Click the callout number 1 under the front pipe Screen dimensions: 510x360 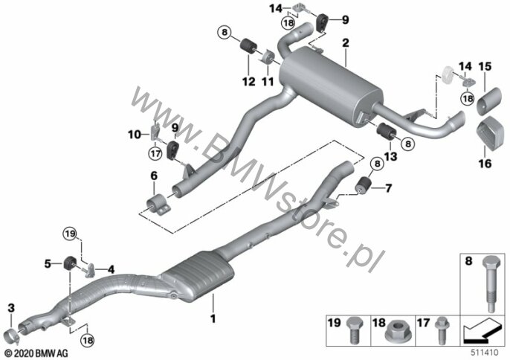(x=213, y=318)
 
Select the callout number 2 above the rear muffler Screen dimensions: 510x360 (x=346, y=43)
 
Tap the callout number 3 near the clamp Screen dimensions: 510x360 (x=11, y=308)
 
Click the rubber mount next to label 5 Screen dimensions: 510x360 (x=69, y=263)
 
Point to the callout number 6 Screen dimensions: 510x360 (x=154, y=176)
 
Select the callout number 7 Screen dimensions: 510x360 (x=388, y=188)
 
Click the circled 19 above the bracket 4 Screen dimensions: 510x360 (x=70, y=234)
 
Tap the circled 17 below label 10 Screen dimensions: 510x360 (x=155, y=153)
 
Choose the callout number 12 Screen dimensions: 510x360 (x=249, y=81)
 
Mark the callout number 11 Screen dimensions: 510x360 (x=268, y=81)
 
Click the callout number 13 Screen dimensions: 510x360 (x=390, y=156)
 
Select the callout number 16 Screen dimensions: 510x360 (x=485, y=164)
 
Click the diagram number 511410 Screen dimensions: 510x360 (x=485, y=353)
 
